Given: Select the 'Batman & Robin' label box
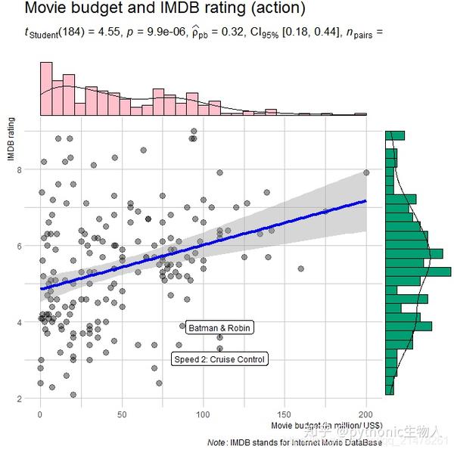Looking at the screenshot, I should point(219,328).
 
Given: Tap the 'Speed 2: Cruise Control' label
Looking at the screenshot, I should point(219,360).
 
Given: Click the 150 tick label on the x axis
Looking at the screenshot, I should point(285,414).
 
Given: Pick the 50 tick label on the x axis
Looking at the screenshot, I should point(122,414).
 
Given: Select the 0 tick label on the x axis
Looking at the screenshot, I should point(40,414).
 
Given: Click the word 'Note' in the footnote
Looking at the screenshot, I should point(216,442).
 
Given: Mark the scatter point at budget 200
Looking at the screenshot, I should point(366,172).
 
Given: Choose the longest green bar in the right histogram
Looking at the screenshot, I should point(418,271).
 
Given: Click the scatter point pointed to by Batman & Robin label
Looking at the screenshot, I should point(182,326).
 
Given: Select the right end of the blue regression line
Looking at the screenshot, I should point(366,201).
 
